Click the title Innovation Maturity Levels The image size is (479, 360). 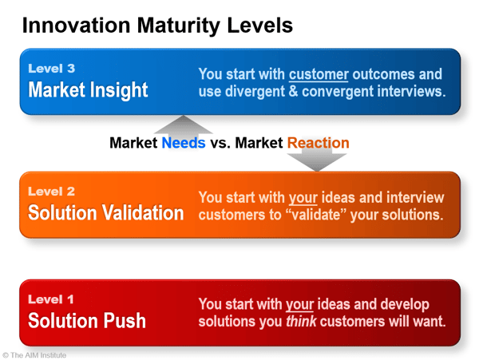157,26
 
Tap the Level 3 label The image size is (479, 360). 52,69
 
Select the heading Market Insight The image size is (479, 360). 88,89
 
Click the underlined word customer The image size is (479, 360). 319,74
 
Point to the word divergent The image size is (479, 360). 255,91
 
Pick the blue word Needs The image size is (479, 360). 184,143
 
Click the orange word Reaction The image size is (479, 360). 318,143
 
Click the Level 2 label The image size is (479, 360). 52,192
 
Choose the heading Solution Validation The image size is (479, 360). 105,212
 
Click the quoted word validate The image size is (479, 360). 316,215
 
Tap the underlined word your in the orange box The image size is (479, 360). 303,198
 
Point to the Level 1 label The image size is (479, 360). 51,299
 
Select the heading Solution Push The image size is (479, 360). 87,321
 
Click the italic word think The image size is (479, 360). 301,321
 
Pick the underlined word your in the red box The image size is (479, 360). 299,305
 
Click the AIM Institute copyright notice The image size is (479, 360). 34,355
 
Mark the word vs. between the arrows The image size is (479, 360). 220,143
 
